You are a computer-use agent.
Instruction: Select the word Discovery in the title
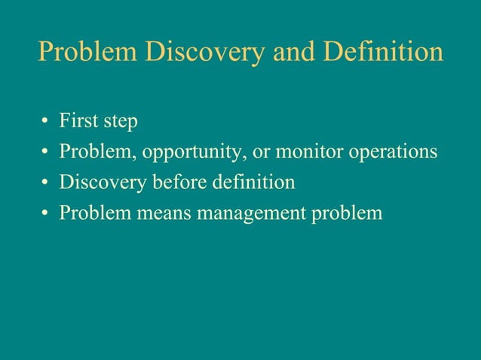204,52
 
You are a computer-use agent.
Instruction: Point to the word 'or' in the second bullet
262,152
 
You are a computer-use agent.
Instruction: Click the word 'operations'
394,153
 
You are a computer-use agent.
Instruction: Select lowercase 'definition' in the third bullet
257,182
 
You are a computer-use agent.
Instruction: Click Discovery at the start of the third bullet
103,183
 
